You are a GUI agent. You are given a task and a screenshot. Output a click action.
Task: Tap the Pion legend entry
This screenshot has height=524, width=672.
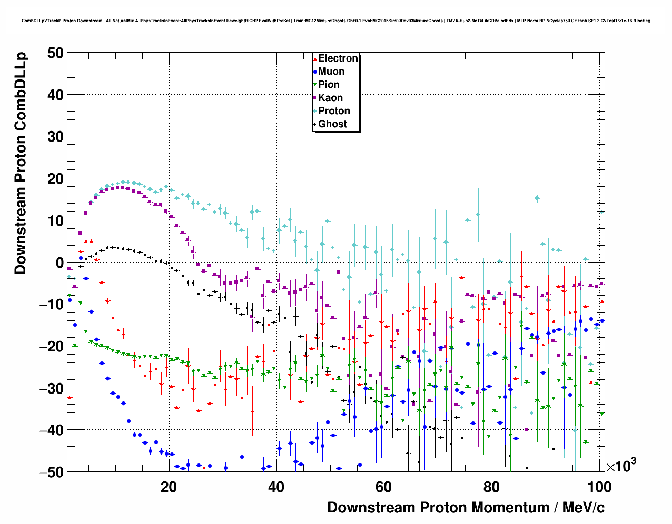pyautogui.click(x=329, y=85)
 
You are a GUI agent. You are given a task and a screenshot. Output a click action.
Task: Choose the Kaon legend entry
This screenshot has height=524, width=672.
pyautogui.click(x=330, y=98)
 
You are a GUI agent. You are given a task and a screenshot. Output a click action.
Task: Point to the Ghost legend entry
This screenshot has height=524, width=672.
pyautogui.click(x=332, y=124)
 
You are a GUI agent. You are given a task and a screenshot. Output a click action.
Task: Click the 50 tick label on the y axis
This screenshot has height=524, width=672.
pyautogui.click(x=55, y=53)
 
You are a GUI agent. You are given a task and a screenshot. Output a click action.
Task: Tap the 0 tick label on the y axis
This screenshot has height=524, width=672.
pyautogui.click(x=59, y=263)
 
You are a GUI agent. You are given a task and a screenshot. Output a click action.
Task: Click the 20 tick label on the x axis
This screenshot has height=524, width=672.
pyautogui.click(x=169, y=487)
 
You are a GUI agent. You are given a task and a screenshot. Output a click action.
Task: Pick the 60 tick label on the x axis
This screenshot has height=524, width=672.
pyautogui.click(x=383, y=487)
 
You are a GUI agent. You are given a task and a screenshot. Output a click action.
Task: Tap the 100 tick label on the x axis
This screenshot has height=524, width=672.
pyautogui.click(x=599, y=487)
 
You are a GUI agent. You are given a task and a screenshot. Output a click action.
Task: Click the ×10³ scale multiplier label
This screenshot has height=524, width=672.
pyautogui.click(x=621, y=466)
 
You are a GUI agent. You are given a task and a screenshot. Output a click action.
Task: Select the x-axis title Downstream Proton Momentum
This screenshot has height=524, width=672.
pyautogui.click(x=466, y=508)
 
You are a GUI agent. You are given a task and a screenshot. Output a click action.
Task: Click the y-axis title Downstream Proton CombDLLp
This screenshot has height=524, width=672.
pyautogui.click(x=20, y=163)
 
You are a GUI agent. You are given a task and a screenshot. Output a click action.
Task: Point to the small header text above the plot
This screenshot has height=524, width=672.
pyautogui.click(x=335, y=21)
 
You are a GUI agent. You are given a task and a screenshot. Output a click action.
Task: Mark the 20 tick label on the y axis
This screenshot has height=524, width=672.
pyautogui.click(x=55, y=179)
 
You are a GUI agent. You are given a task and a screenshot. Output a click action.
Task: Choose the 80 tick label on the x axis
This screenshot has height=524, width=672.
pyautogui.click(x=491, y=487)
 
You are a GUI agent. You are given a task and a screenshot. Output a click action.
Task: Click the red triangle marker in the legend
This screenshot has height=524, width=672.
pyautogui.click(x=315, y=58)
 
